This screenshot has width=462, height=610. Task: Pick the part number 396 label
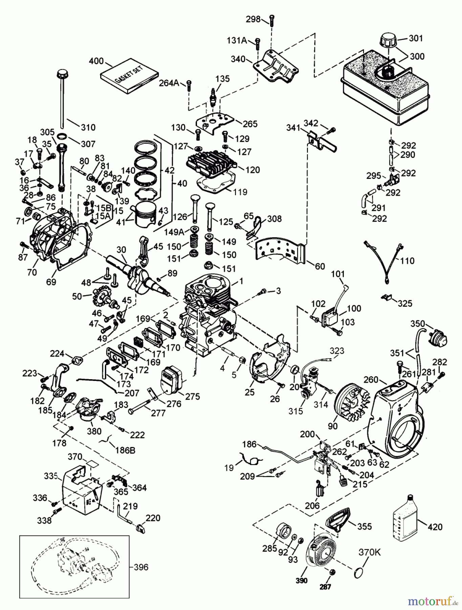click(x=141, y=567)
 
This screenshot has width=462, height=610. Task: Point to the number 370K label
click(x=369, y=552)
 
